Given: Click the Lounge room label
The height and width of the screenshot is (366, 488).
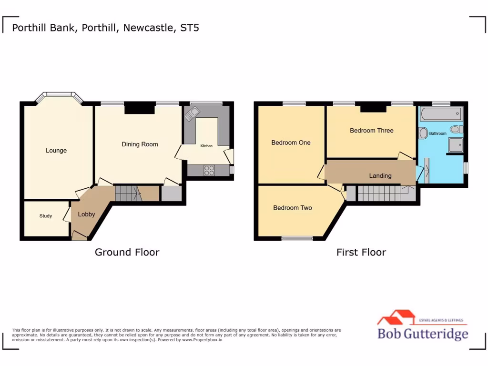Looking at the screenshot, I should [x=56, y=151].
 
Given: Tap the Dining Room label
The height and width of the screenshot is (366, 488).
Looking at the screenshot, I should [x=140, y=144].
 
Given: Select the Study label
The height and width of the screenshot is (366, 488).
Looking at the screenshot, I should [x=46, y=216].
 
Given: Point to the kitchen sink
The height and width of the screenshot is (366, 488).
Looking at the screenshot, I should [x=193, y=114].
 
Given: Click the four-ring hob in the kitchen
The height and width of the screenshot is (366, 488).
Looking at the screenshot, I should [x=209, y=170].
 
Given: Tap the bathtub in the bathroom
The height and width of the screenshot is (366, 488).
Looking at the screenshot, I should [x=441, y=113].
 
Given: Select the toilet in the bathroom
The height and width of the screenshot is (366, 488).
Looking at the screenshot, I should [x=456, y=129].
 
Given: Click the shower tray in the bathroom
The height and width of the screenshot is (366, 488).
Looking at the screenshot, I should [x=455, y=144].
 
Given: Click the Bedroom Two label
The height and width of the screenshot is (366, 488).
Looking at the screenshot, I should [x=293, y=208].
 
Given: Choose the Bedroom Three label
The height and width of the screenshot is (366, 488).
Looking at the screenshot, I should [x=372, y=131].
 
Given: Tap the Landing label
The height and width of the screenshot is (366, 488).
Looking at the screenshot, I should [x=380, y=176].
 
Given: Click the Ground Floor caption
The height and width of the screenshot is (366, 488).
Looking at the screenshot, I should [x=127, y=252].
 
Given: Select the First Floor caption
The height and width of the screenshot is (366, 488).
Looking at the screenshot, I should [x=361, y=252].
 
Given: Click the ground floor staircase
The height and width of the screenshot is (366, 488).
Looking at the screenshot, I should [x=128, y=193].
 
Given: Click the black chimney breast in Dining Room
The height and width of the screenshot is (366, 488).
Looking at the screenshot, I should [x=140, y=109].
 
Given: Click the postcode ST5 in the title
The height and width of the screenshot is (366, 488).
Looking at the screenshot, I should [x=190, y=28].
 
